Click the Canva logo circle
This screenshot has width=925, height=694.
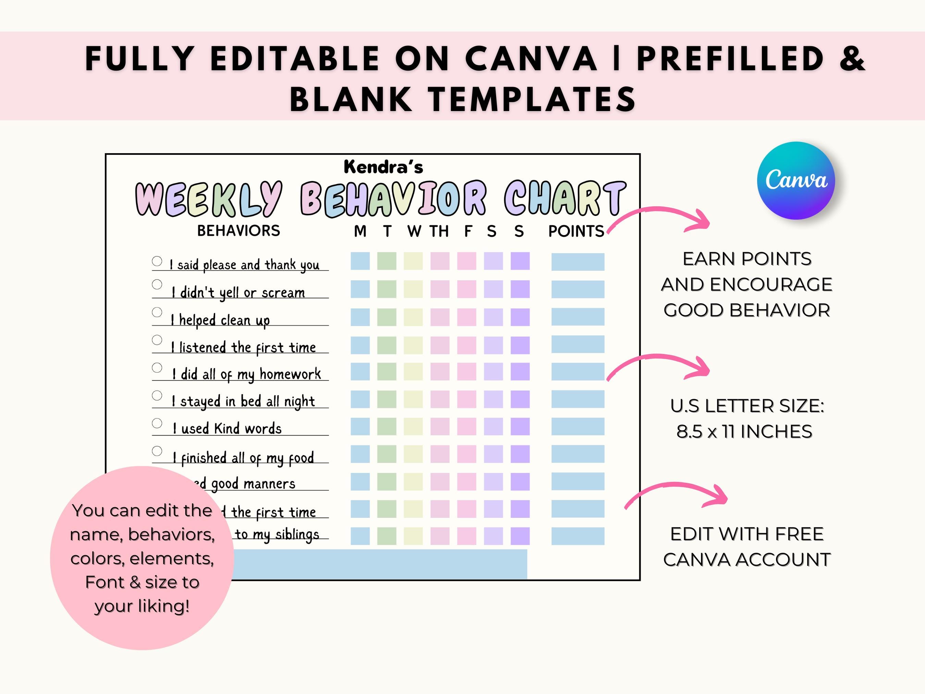tap(795, 180)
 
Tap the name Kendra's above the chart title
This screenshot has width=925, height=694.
tap(383, 167)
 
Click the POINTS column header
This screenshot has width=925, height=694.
tap(576, 231)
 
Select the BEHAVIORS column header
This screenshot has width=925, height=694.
tap(238, 231)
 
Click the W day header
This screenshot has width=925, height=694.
tap(414, 231)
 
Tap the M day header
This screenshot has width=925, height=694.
tap(360, 231)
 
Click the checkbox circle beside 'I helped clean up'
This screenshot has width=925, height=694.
tap(157, 312)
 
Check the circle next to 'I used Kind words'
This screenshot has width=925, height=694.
tap(157, 423)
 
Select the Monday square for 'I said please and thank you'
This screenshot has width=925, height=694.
tap(360, 261)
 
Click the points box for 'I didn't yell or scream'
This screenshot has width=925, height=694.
tap(578, 289)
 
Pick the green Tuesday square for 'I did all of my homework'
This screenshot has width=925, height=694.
tap(386, 372)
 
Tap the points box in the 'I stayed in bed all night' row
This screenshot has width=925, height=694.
tap(578, 399)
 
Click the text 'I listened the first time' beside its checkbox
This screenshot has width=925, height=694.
tap(243, 347)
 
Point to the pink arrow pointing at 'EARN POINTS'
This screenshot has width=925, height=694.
tap(658, 218)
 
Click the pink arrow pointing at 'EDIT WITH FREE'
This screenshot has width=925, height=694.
tap(676, 495)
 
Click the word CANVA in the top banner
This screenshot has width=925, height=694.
tap(531, 59)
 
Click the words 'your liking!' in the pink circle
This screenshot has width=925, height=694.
tap(142, 606)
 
